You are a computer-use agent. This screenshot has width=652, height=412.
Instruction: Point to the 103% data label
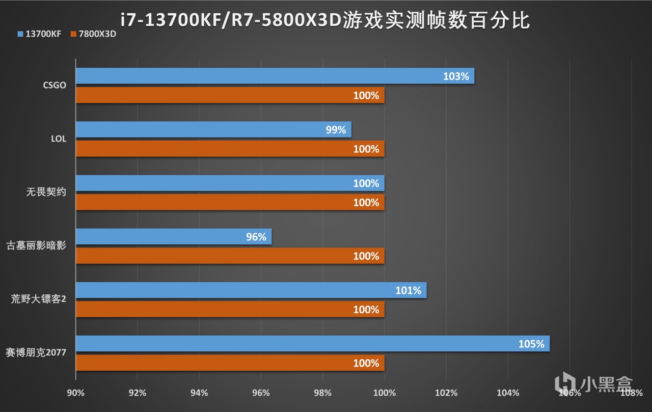pyautogui.click(x=456, y=76)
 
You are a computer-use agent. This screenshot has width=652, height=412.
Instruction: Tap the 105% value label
pyautogui.click(x=531, y=344)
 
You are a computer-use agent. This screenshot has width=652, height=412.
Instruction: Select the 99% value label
pyautogui.click(x=336, y=130)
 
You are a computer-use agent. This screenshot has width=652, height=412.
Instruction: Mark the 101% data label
pyautogui.click(x=408, y=291)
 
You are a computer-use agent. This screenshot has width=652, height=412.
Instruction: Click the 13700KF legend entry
pyautogui.click(x=39, y=34)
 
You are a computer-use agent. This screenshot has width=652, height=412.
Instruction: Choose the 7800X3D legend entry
pyautogui.click(x=94, y=34)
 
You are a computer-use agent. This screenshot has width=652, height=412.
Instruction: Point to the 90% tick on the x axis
pyautogui.click(x=76, y=393)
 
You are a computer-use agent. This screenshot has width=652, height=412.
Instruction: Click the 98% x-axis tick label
pyautogui.click(x=323, y=393)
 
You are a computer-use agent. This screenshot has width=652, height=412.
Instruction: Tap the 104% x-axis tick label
pyautogui.click(x=508, y=393)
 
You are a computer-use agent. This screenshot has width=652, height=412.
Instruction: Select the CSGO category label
pyautogui.click(x=55, y=85)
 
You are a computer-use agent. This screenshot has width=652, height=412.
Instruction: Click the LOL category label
pyautogui.click(x=59, y=139)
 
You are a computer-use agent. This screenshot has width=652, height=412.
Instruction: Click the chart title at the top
pyautogui.click(x=326, y=20)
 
